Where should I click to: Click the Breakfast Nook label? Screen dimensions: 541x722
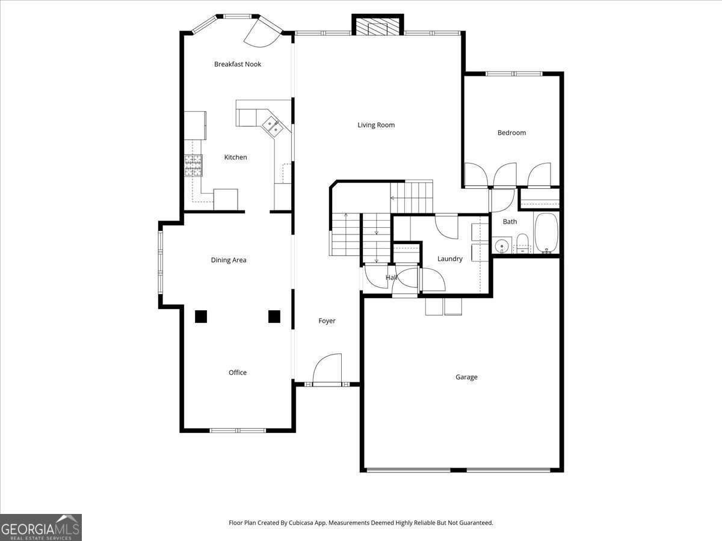pyautogui.click(x=238, y=64)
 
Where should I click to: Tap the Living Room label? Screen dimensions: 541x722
pyautogui.click(x=376, y=125)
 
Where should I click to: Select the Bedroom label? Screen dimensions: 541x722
pyautogui.click(x=511, y=133)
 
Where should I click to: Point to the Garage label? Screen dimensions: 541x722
pyautogui.click(x=466, y=377)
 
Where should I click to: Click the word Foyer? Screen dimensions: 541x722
pyautogui.click(x=327, y=321)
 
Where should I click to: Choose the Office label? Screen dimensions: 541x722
pyautogui.click(x=238, y=373)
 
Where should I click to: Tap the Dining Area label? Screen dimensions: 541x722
pyautogui.click(x=229, y=260)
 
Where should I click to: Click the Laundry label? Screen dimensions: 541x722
pyautogui.click(x=450, y=259)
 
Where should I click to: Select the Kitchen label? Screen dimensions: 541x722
pyautogui.click(x=235, y=157)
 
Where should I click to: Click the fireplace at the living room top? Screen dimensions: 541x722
pyautogui.click(x=377, y=26)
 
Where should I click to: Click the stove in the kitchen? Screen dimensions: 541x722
pyautogui.click(x=194, y=165)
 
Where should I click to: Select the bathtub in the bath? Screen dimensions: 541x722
pyautogui.click(x=546, y=233)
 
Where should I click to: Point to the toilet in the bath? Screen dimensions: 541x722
pyautogui.click(x=522, y=243)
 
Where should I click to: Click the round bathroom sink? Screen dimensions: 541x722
pyautogui.click(x=502, y=246)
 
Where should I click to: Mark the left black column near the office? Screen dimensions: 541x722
pyautogui.click(x=201, y=317)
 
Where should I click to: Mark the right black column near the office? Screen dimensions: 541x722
pyautogui.click(x=274, y=317)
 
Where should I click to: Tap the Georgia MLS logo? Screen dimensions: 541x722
pyautogui.click(x=41, y=528)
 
